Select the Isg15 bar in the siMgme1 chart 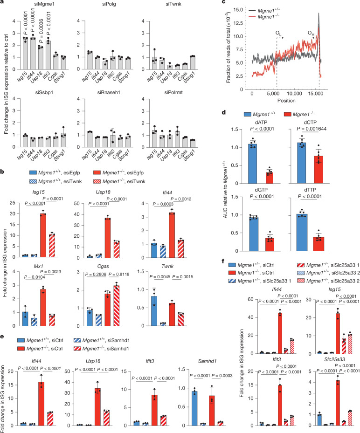[26, 54]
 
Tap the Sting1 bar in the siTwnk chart [192, 62]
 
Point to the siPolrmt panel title [173, 92]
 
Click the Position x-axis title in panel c [286, 101]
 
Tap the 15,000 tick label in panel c [316, 94]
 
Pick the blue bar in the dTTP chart [302, 233]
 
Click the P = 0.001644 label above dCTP [312, 129]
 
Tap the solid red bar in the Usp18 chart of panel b [107, 238]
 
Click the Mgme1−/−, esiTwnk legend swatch [97, 181]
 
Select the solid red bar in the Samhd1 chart [212, 411]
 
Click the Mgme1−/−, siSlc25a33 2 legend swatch [301, 281]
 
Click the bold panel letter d [224, 112]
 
